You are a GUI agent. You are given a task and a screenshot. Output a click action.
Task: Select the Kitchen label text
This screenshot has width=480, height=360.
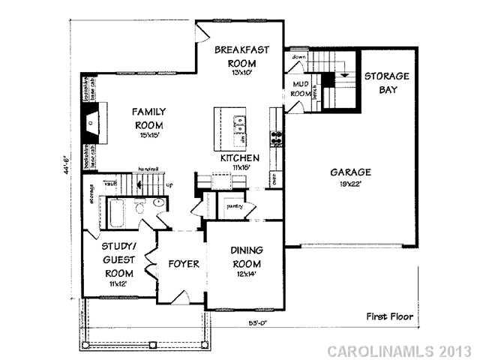coord(239,158)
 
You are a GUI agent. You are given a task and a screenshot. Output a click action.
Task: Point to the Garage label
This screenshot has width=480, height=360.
coord(351,172)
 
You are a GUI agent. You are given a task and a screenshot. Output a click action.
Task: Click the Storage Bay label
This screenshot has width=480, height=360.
coord(386,82)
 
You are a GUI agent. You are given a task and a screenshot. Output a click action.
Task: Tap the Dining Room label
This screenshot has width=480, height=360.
coord(245,259)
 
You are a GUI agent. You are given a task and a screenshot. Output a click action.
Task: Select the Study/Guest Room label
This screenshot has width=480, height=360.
coord(120,262)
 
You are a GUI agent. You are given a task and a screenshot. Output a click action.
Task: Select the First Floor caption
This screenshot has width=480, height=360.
coord(389,316)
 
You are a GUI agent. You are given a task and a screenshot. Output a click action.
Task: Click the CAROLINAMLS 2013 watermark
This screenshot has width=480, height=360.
coord(400,350)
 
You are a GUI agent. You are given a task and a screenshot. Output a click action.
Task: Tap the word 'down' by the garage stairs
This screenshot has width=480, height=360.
coord(298,57)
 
